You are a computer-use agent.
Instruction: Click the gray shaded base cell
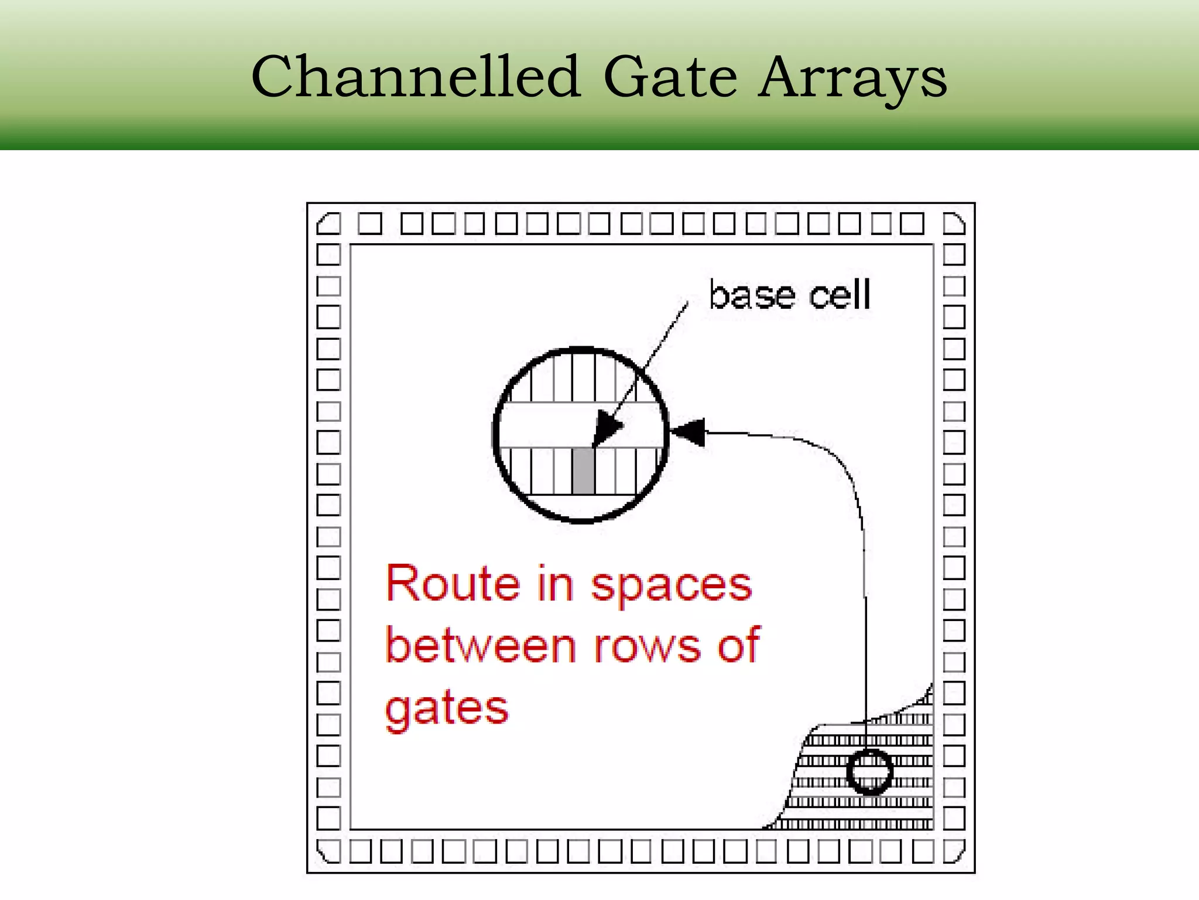[583, 471]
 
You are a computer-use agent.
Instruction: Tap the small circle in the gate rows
[869, 772]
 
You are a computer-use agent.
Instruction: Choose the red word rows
[647, 647]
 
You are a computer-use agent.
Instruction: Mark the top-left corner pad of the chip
[328, 224]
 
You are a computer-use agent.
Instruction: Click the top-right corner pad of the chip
[954, 224]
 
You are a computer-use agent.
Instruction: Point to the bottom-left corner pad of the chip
[328, 851]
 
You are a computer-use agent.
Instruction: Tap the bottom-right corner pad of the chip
[954, 851]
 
